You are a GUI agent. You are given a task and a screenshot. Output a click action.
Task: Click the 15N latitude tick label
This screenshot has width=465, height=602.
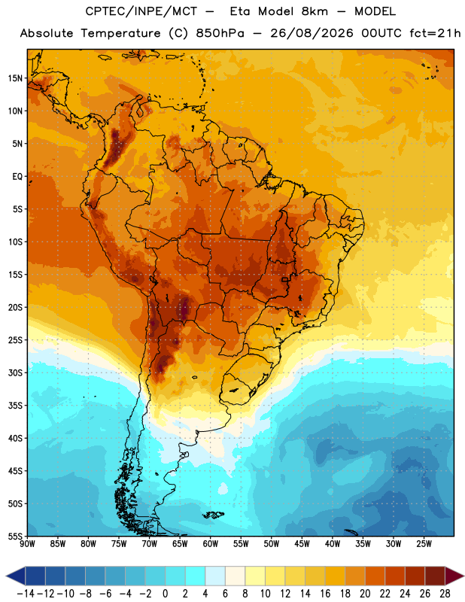pyautogui.click(x=15, y=78)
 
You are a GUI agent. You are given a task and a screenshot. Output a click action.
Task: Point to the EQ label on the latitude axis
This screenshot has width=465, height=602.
pyautogui.click(x=17, y=177)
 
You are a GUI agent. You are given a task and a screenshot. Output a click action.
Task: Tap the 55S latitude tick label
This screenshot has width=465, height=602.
pyautogui.click(x=15, y=536)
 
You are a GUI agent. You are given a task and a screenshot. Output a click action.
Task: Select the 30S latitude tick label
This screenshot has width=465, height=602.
pyautogui.click(x=15, y=372)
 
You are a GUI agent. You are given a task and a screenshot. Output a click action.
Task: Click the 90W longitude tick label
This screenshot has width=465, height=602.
pyautogui.click(x=27, y=544)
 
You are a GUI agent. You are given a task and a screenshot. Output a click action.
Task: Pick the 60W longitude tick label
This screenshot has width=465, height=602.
pyautogui.click(x=211, y=544)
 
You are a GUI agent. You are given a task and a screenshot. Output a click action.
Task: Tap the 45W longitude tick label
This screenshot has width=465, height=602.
pyautogui.click(x=302, y=544)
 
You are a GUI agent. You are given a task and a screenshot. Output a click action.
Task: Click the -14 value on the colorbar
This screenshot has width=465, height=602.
pyautogui.click(x=26, y=594)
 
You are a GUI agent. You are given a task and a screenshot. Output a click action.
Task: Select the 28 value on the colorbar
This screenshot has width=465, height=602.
pyautogui.click(x=445, y=594)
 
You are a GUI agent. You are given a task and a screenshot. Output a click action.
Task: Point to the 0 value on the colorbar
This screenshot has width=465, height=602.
pyautogui.click(x=165, y=594)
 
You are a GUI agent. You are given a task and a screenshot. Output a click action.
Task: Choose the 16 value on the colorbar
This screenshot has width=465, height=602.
pyautogui.click(x=325, y=594)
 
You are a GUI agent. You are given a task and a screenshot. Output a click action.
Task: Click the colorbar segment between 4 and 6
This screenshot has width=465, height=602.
pyautogui.click(x=215, y=576)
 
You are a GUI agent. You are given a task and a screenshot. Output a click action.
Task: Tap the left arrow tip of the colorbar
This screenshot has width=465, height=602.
pyautogui.click(x=6, y=576)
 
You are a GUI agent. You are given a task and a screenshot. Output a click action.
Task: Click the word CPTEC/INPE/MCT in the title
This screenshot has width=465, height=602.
pyautogui.click(x=141, y=12)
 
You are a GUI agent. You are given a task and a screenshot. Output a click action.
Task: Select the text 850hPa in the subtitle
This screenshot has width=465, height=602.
pyautogui.click(x=220, y=33)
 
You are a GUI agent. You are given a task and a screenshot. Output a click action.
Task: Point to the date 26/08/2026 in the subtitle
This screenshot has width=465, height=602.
pyautogui.click(x=312, y=33)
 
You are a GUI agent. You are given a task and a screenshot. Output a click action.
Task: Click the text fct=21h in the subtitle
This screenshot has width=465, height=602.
pyautogui.click(x=435, y=33)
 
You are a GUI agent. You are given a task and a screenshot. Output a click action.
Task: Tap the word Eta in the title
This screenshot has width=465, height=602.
pyautogui.click(x=240, y=12)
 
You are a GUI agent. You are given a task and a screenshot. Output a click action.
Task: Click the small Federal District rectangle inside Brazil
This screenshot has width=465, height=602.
pyautogui.click(x=285, y=279)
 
